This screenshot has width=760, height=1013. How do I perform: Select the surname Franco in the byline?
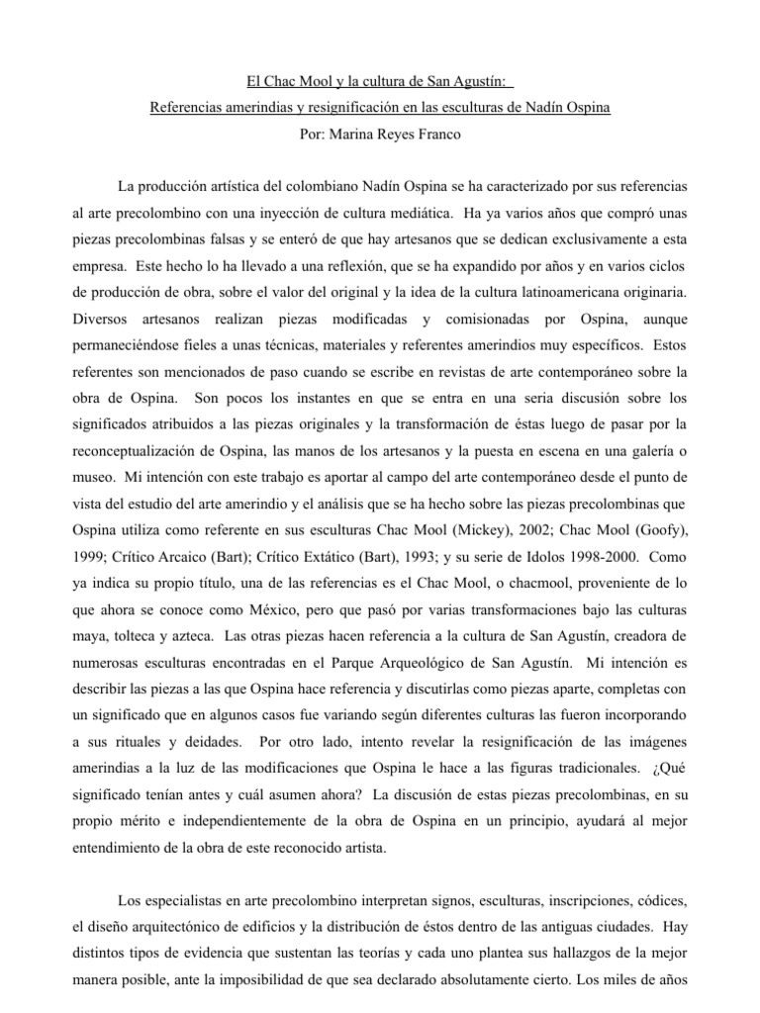(435, 133)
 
